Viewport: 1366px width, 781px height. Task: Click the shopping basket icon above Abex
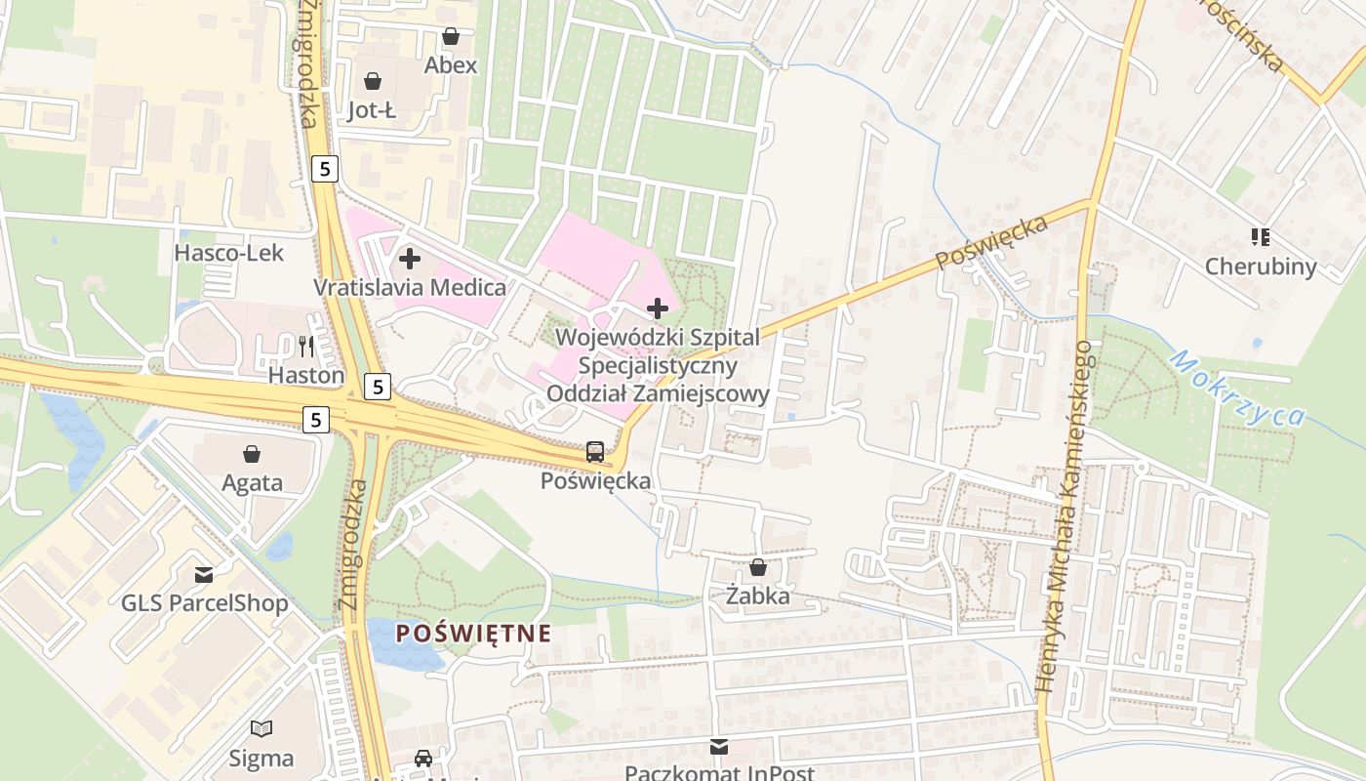coord(451,37)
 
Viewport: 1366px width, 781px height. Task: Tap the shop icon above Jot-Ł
coord(373,80)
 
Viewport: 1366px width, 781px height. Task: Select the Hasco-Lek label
coord(228,253)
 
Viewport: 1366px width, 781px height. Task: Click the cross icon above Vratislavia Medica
coord(410,259)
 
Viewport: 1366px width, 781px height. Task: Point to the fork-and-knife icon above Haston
coord(306,345)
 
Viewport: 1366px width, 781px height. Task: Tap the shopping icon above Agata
coord(252,454)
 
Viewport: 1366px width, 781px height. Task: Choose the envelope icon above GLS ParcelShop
coord(204,574)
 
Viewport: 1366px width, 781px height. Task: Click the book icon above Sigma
coord(261,728)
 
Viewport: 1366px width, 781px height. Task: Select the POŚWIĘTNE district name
coord(473,633)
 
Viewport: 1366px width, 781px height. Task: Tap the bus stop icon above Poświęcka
coord(595,451)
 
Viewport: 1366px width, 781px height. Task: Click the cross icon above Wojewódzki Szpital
coord(658,308)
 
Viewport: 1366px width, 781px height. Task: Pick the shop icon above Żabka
coord(758,566)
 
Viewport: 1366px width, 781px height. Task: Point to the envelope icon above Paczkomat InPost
coord(719,747)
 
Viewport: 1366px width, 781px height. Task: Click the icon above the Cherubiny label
coord(1260,236)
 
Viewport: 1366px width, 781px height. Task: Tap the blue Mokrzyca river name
coord(1235,389)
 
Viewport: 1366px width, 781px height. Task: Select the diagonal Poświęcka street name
coord(991,243)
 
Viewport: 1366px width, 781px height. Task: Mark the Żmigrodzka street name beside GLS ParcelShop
coord(352,545)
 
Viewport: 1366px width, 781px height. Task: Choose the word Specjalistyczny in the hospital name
coord(658,366)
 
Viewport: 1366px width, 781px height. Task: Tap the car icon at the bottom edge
coord(423,759)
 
